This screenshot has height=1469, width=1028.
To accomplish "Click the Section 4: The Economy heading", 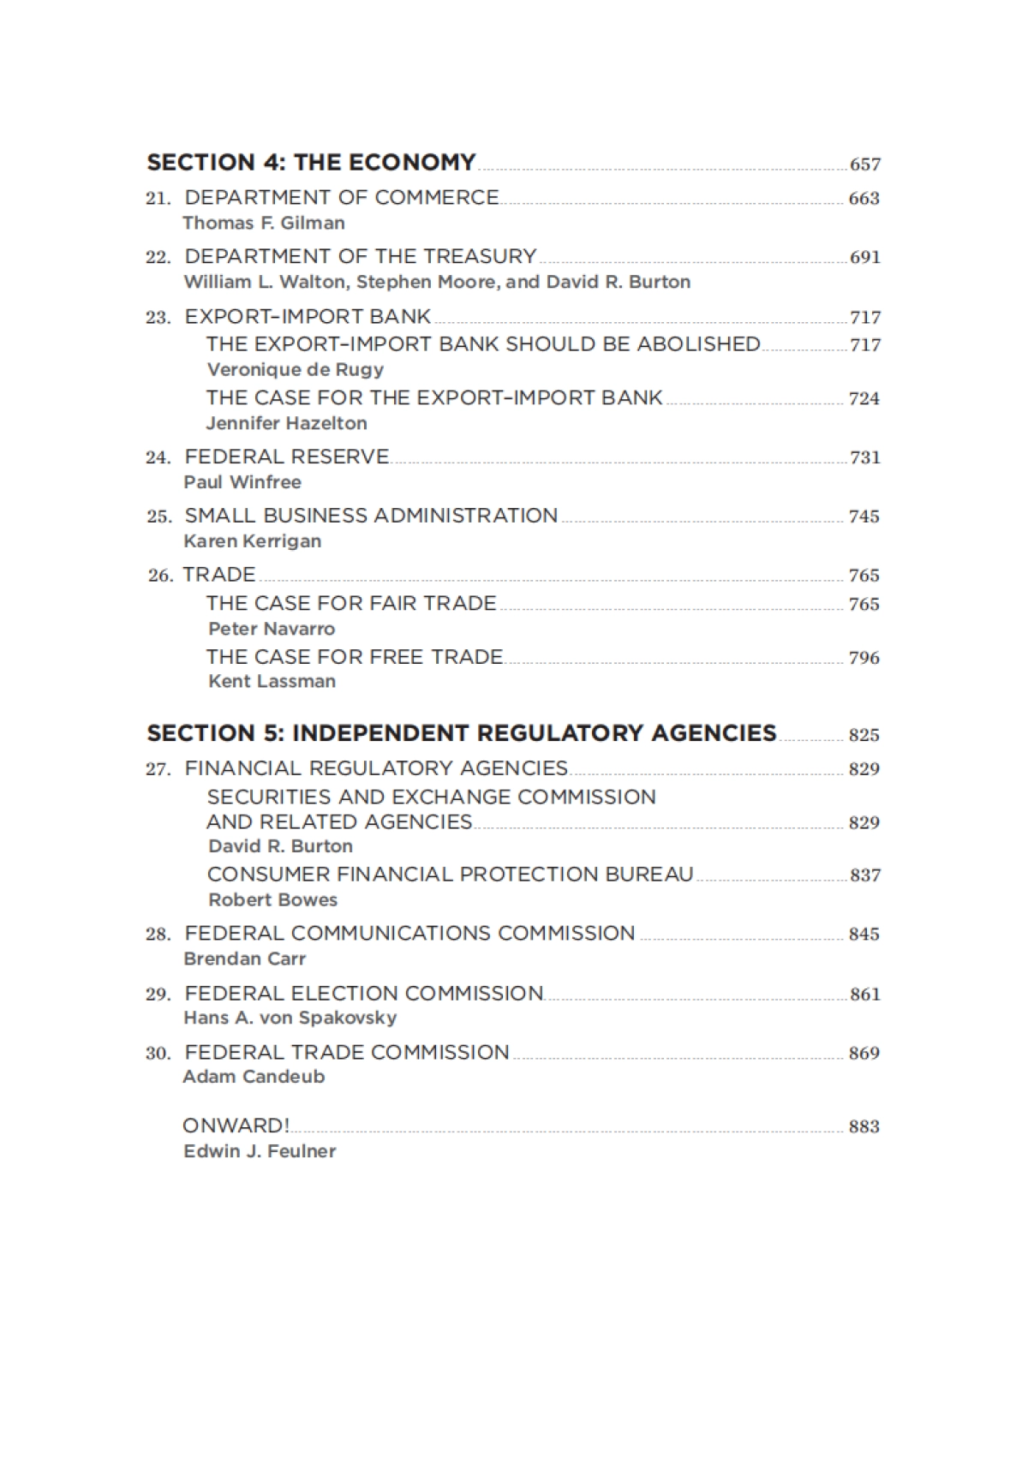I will coord(311,162).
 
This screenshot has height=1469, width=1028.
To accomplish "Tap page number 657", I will coord(864,164).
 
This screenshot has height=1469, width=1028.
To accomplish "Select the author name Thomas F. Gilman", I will coord(264,223).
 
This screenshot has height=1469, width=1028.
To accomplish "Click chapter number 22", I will coord(158,257).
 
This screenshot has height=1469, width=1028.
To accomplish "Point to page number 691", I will coord(864,257).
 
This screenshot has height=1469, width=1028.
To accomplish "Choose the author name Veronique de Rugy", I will coord(296,369).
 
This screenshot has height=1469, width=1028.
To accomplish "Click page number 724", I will coord(864,398).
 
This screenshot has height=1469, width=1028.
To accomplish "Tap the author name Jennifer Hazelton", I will coord(286,423).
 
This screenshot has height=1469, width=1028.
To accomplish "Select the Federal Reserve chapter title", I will coord(287,457).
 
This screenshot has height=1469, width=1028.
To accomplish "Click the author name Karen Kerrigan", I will coord(253,541).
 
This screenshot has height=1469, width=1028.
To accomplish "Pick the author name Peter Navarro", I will coord(272,629).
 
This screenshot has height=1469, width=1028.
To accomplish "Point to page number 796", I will coord(864,658).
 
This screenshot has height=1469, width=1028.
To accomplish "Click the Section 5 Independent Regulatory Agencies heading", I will coord(462,733).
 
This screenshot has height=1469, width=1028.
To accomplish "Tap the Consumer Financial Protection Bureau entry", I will coord(450,875).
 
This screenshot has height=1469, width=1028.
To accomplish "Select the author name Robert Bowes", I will coord(272,900).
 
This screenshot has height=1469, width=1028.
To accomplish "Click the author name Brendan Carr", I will coord(245,958).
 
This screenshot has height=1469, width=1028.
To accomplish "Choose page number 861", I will coord(864,994).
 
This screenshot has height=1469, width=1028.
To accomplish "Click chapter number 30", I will coord(158,1053).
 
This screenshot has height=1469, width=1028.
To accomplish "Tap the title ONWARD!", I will coord(236,1126).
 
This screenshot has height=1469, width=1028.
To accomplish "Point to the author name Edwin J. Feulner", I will coord(260,1151).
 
